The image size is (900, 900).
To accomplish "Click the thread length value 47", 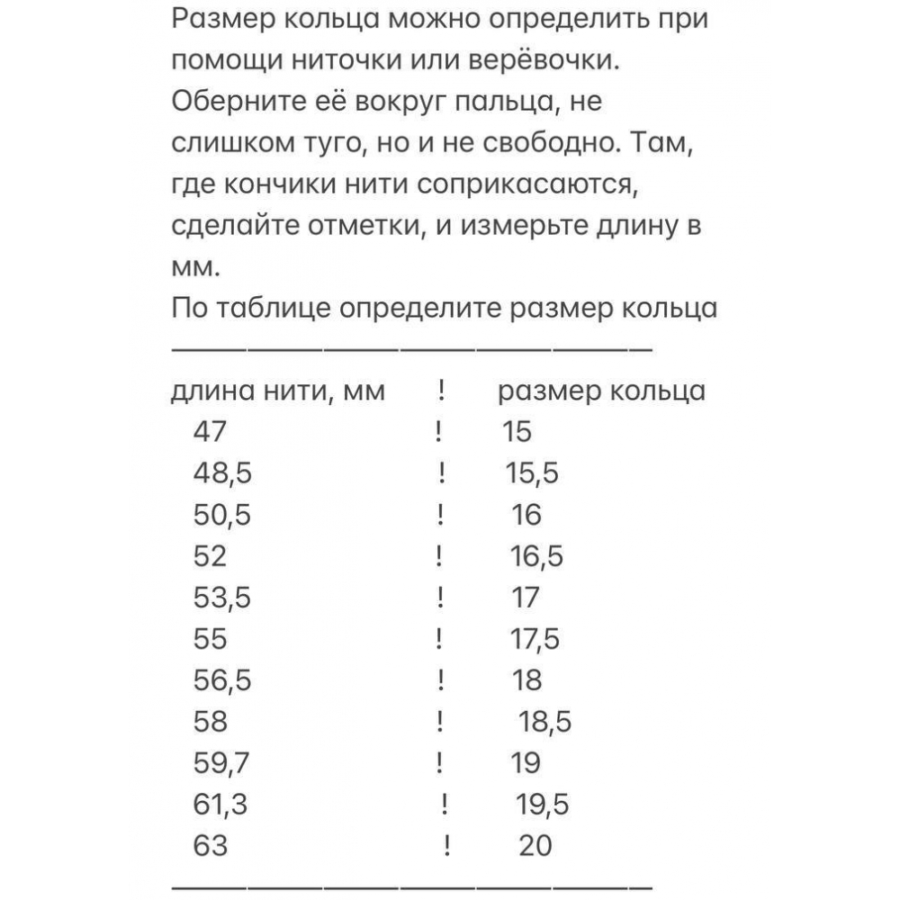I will coord(211,432).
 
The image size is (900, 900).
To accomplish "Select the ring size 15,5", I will coord(531,473).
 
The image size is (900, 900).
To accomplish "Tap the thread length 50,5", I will coord(221,515).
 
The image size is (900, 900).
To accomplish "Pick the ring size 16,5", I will coord(536,557).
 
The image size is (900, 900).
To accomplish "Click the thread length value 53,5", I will coord(221,598).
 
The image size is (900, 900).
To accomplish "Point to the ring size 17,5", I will coord(535,639).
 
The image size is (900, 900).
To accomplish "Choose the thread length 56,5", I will coord(222,680).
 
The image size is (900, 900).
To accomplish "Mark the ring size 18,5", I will coord(546,722).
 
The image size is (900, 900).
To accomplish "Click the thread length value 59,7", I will coord(221,763).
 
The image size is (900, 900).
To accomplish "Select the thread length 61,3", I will coord(220,805).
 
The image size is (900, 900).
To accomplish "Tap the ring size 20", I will coord(535,846).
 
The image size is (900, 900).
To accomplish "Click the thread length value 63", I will coord(211,846).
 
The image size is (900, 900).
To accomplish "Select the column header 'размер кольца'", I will coord(602,391).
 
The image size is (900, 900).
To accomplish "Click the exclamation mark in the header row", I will coord(443,391).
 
